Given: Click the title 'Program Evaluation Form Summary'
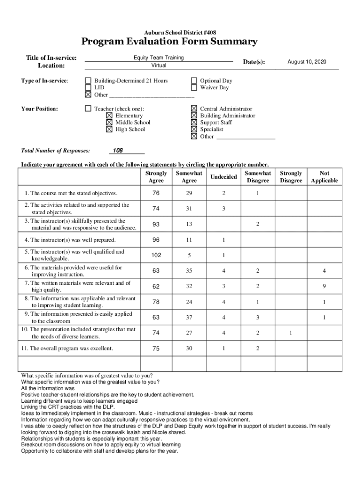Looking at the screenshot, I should click(x=169, y=42).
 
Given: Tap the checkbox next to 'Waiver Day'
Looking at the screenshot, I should click(x=194, y=87).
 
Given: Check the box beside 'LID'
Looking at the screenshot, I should click(x=88, y=87).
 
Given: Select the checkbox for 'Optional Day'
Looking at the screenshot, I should click(x=194, y=80).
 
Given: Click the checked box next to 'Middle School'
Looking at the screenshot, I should click(x=109, y=123).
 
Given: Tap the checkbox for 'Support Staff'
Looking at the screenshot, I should click(x=194, y=123).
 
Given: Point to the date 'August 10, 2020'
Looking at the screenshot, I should click(x=307, y=62).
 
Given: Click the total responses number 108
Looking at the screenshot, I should click(x=118, y=151).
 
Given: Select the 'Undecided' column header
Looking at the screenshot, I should click(x=223, y=177).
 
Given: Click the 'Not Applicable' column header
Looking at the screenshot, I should click(x=324, y=177).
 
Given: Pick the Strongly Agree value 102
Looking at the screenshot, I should click(x=156, y=255).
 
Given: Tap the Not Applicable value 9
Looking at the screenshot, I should click(x=324, y=286).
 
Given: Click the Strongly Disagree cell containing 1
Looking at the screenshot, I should click(x=290, y=333).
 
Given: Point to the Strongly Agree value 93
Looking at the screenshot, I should click(x=156, y=225).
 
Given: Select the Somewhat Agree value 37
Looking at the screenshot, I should click(x=189, y=318).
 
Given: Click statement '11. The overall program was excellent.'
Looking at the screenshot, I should click(x=69, y=348).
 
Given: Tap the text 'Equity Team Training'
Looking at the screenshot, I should click(x=158, y=58).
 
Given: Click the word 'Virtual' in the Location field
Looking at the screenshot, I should click(x=158, y=65).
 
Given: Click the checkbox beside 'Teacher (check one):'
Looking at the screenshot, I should click(x=88, y=109).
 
